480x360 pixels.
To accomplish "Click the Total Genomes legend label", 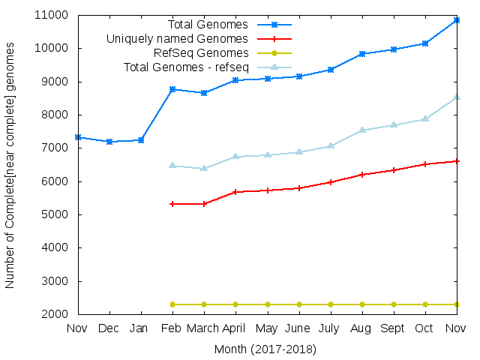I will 208,25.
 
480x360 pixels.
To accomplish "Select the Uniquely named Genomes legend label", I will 177,38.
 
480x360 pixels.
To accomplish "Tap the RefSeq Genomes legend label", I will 201,52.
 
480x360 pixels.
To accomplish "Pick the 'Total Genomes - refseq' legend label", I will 186,67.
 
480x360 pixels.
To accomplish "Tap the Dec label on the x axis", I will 109,328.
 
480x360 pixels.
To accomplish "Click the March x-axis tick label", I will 204,328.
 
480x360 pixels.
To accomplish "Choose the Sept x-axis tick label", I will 393,328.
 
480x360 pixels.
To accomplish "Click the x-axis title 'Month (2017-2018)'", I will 265,349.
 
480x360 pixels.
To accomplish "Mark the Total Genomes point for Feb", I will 172,89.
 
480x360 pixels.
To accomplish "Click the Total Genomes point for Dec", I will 109,142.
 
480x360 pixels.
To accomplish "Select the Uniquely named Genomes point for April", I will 235,192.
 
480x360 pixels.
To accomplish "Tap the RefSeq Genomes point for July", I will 330,304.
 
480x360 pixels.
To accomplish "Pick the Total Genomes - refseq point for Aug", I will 361,130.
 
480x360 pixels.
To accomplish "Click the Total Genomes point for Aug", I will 361,54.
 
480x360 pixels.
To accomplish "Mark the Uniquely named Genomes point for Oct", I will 424,164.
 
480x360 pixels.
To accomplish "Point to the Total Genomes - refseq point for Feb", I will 172,165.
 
